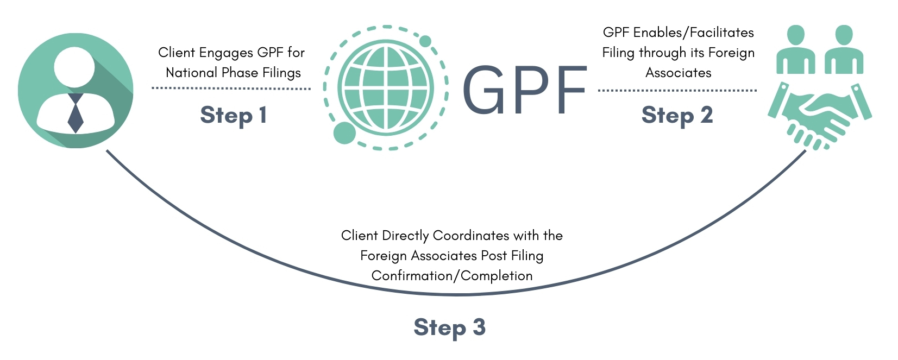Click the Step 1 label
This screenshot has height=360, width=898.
click(233, 116)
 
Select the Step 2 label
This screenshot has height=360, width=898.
click(677, 116)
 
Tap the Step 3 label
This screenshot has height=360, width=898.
click(449, 327)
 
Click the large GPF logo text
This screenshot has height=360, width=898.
click(524, 90)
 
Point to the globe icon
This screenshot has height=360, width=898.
click(386, 88)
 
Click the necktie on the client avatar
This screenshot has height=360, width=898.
click(76, 113)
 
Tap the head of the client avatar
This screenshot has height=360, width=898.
click(74, 67)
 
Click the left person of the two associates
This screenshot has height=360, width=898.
click(796, 50)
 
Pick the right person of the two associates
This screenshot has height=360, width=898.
click(844, 50)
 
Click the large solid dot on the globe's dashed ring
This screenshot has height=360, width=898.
click(344, 132)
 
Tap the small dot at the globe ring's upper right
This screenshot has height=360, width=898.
click(425, 41)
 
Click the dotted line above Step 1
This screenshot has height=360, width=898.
click(231, 88)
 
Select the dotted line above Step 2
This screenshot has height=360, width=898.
click(677, 91)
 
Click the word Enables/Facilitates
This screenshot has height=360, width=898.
click(694, 33)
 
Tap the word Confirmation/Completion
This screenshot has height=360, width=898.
click(452, 276)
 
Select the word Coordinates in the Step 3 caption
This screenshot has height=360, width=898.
click(471, 235)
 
